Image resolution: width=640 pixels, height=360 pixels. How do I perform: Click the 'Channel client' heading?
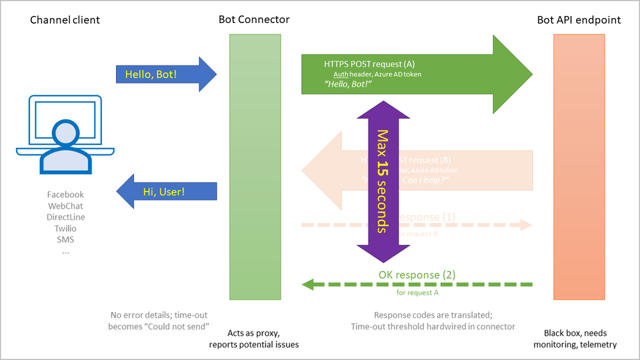click(x=65, y=20)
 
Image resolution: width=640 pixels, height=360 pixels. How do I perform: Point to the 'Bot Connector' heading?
click(x=254, y=19)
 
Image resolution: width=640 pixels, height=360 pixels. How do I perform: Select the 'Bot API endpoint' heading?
click(x=578, y=20)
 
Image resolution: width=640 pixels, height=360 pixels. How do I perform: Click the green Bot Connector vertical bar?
click(x=255, y=167)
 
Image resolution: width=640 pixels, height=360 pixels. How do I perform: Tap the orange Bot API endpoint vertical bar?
click(x=578, y=167)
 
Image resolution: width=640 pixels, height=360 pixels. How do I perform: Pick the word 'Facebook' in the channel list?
click(x=65, y=194)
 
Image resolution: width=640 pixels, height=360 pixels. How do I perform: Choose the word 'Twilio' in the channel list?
click(x=65, y=229)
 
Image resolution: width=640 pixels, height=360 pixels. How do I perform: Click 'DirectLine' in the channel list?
click(x=65, y=217)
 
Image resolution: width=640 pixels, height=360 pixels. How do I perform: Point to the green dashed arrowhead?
click(x=308, y=284)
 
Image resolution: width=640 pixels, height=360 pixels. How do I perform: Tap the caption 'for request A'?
click(x=417, y=293)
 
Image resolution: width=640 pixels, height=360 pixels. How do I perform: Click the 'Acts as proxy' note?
click(x=254, y=333)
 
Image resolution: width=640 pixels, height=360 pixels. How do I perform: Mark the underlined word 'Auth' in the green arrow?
click(x=341, y=74)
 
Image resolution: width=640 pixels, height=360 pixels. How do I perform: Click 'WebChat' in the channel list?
click(x=65, y=206)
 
